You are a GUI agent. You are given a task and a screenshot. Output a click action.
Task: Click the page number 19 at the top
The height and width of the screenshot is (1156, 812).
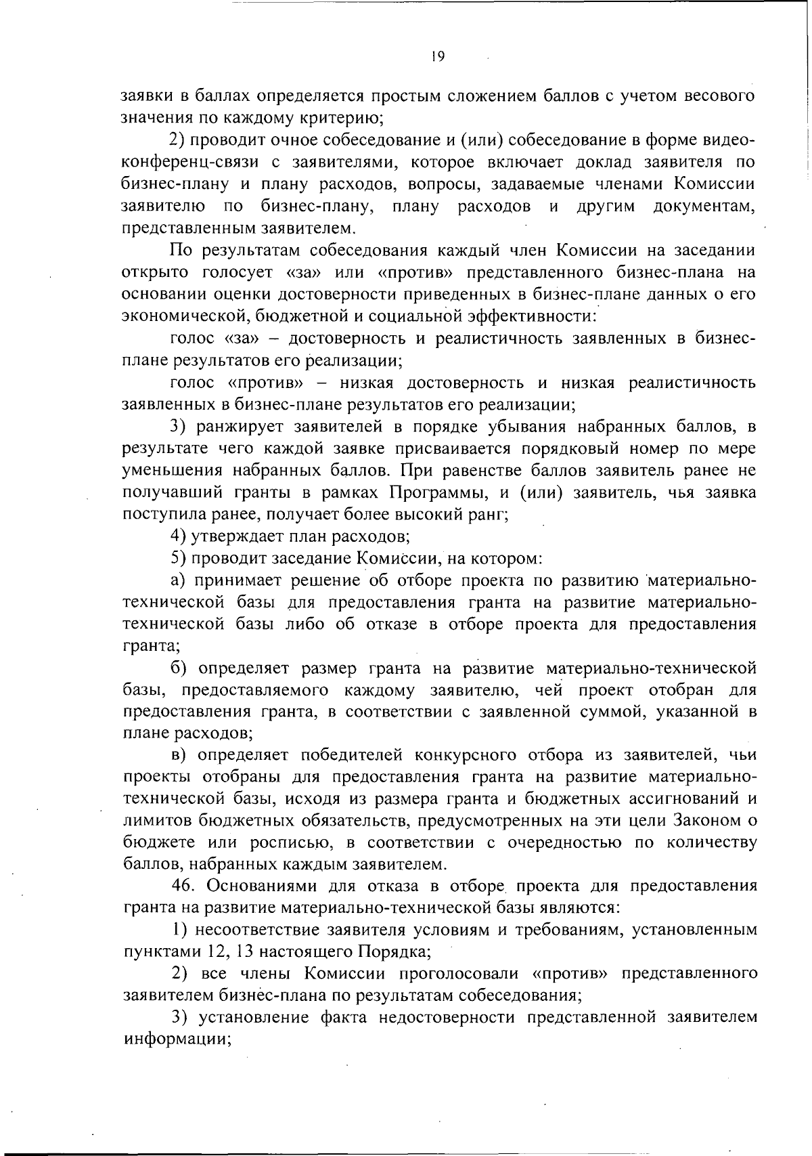tap(436, 57)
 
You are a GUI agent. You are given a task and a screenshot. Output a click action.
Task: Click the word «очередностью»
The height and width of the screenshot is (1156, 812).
tap(556, 842)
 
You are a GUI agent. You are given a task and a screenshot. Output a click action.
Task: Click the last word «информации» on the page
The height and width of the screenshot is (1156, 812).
tap(177, 1040)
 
